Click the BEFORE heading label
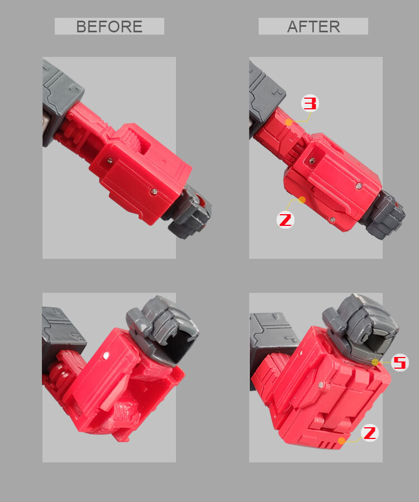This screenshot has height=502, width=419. tap(109, 26)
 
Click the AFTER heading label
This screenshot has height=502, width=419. tap(313, 26)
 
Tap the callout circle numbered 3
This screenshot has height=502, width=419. tap(311, 103)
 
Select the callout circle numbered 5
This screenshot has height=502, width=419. tap(399, 363)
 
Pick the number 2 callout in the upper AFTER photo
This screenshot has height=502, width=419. tap(285, 220)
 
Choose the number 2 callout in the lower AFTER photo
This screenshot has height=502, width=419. tap(370, 433)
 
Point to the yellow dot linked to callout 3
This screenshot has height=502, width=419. tap(288, 122)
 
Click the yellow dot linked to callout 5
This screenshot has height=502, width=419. tap(375, 362)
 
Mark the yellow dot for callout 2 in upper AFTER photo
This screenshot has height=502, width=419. tap(302, 199)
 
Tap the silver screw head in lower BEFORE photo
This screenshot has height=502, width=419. tap(106, 354)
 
